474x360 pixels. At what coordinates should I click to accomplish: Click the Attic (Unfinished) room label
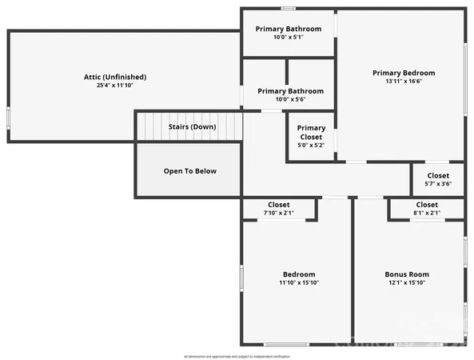115,77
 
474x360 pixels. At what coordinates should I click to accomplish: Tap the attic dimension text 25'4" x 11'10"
115,85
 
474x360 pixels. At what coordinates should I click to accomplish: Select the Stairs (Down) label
192,126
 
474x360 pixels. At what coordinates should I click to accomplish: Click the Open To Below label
190,171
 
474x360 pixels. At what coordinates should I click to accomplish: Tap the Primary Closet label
311,132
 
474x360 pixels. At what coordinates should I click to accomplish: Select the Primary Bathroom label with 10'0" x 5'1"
289,29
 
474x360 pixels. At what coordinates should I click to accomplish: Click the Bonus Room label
407,274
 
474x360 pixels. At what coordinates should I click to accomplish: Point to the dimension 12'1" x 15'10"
407,282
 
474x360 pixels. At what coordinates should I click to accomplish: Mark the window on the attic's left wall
8,117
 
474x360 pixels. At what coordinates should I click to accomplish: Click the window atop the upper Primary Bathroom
288,9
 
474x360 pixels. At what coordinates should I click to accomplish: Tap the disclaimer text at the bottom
237,355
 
